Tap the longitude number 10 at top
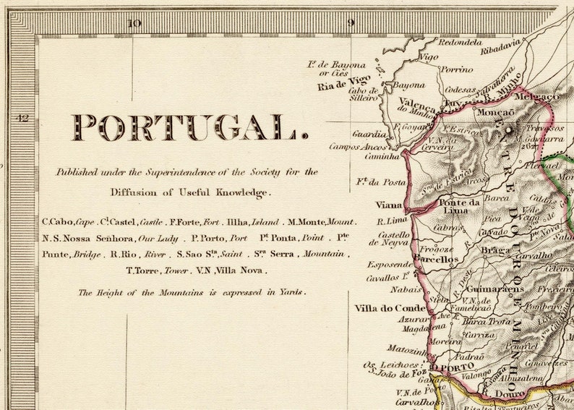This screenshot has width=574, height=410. click(134, 22)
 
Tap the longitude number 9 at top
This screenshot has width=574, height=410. click(351, 22)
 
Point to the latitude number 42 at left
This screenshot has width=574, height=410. click(23, 118)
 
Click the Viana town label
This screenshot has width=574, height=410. click(390, 205)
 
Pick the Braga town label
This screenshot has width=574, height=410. click(497, 251)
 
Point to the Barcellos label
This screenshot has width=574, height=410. click(438, 258)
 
